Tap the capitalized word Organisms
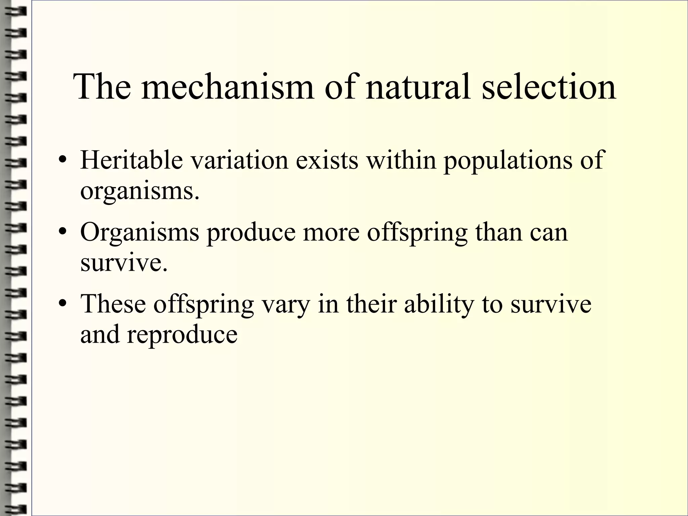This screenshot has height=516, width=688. [139, 233]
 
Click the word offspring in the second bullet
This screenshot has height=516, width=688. [417, 233]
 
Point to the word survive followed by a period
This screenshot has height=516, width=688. [123, 263]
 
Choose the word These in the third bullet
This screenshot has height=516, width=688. [113, 304]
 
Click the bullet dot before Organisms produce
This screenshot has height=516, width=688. [62, 233]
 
